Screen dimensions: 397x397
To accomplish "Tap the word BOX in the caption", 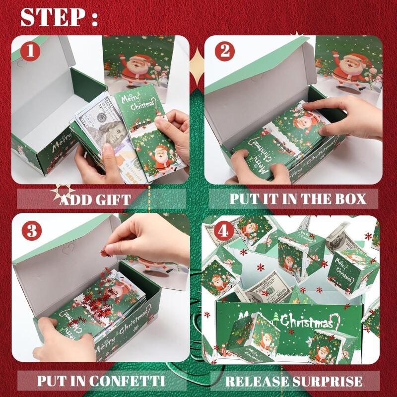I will (348, 199).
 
